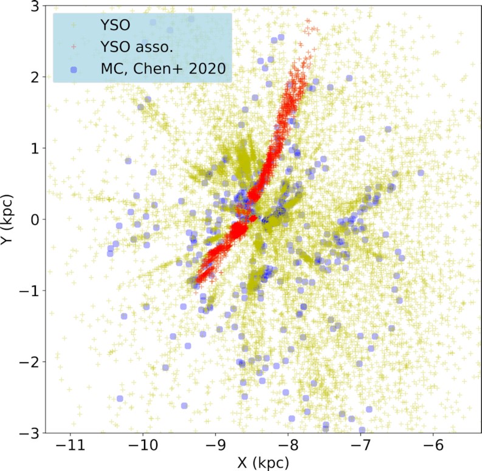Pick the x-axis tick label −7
(361, 445)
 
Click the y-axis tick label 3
(35, 7)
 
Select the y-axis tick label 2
(35, 77)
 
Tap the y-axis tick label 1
(35, 148)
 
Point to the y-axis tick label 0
(35, 219)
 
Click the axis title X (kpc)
(264, 462)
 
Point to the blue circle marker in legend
(73, 70)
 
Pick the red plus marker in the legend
(73, 47)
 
